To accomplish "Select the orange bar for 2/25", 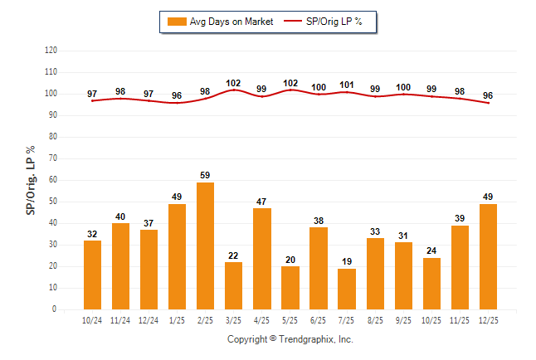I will coord(205,246).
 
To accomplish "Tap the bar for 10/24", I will coord(92,275).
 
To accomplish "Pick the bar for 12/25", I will coord(488,256).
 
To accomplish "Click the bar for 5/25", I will coord(290,288).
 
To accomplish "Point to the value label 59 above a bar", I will coord(205,175).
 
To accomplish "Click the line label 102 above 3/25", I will coord(233,83).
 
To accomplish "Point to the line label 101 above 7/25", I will coord(347,85).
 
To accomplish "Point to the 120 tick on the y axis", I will coord(51,51).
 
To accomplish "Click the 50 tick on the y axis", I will coord(53,202).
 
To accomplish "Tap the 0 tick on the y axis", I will coord(55,309).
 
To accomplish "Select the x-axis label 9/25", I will coord(403,319).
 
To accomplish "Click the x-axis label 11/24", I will coord(120,319).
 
